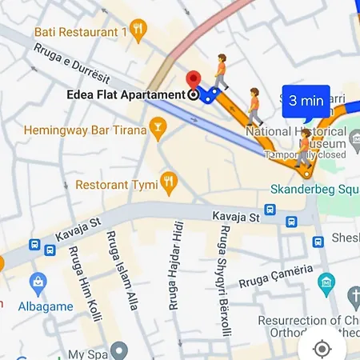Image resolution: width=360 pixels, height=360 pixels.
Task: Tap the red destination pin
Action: [x=194, y=79]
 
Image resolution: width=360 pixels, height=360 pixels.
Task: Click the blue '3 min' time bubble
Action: [x=306, y=101]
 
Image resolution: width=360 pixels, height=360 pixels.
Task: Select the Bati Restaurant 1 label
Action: [x=81, y=32]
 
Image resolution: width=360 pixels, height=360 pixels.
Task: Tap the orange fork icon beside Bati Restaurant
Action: [x=139, y=31]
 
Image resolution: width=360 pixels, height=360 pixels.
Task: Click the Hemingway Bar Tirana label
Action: [x=86, y=130]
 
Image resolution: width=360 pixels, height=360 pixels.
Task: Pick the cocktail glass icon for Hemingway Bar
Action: [x=158, y=129]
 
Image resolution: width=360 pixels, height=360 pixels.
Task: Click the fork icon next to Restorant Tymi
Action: [x=167, y=182]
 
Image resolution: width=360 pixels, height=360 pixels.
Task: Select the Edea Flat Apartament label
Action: [x=126, y=94]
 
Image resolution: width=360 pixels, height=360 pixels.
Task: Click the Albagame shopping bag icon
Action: [x=38, y=282]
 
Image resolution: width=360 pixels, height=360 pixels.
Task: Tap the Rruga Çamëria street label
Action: [x=274, y=275]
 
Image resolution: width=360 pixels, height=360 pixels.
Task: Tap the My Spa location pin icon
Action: [x=119, y=350]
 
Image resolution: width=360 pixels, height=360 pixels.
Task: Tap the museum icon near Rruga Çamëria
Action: [x=326, y=281]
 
